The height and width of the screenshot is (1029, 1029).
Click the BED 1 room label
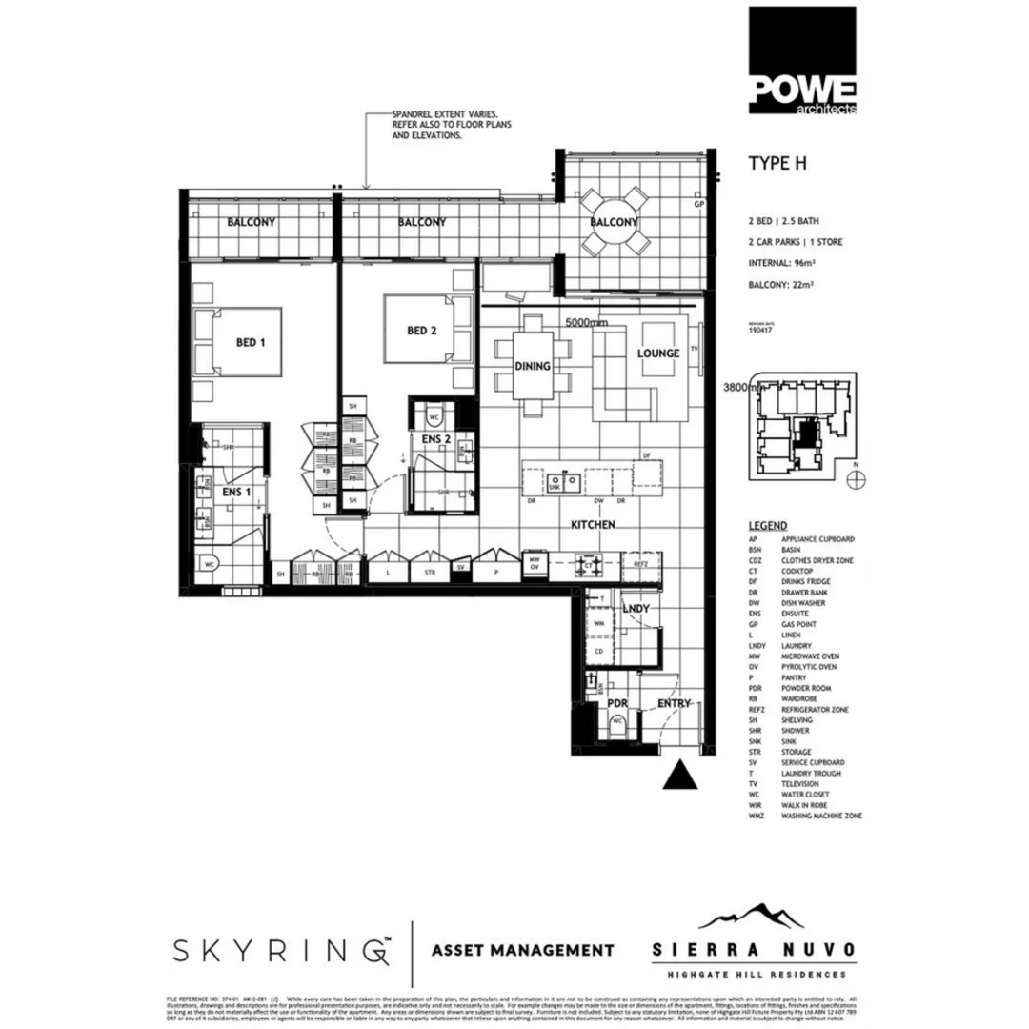tap(250, 342)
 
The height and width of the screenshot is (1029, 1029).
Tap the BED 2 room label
tap(422, 332)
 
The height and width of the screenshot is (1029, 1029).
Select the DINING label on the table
tap(533, 366)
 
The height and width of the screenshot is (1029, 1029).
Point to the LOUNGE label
tap(658, 353)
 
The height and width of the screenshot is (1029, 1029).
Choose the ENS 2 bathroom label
tap(436, 439)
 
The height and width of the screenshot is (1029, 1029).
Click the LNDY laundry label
tap(636, 608)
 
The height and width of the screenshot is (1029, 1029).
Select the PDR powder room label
tap(618, 703)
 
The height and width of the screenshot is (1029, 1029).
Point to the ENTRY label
tap(674, 703)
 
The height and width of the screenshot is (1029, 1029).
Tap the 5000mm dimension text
tap(586, 323)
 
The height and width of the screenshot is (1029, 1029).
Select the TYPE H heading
tap(777, 163)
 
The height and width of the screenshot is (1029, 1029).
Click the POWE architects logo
tap(801, 61)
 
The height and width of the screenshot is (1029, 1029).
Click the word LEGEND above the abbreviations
tap(768, 525)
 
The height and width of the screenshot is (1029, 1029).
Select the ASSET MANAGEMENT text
tap(523, 950)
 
